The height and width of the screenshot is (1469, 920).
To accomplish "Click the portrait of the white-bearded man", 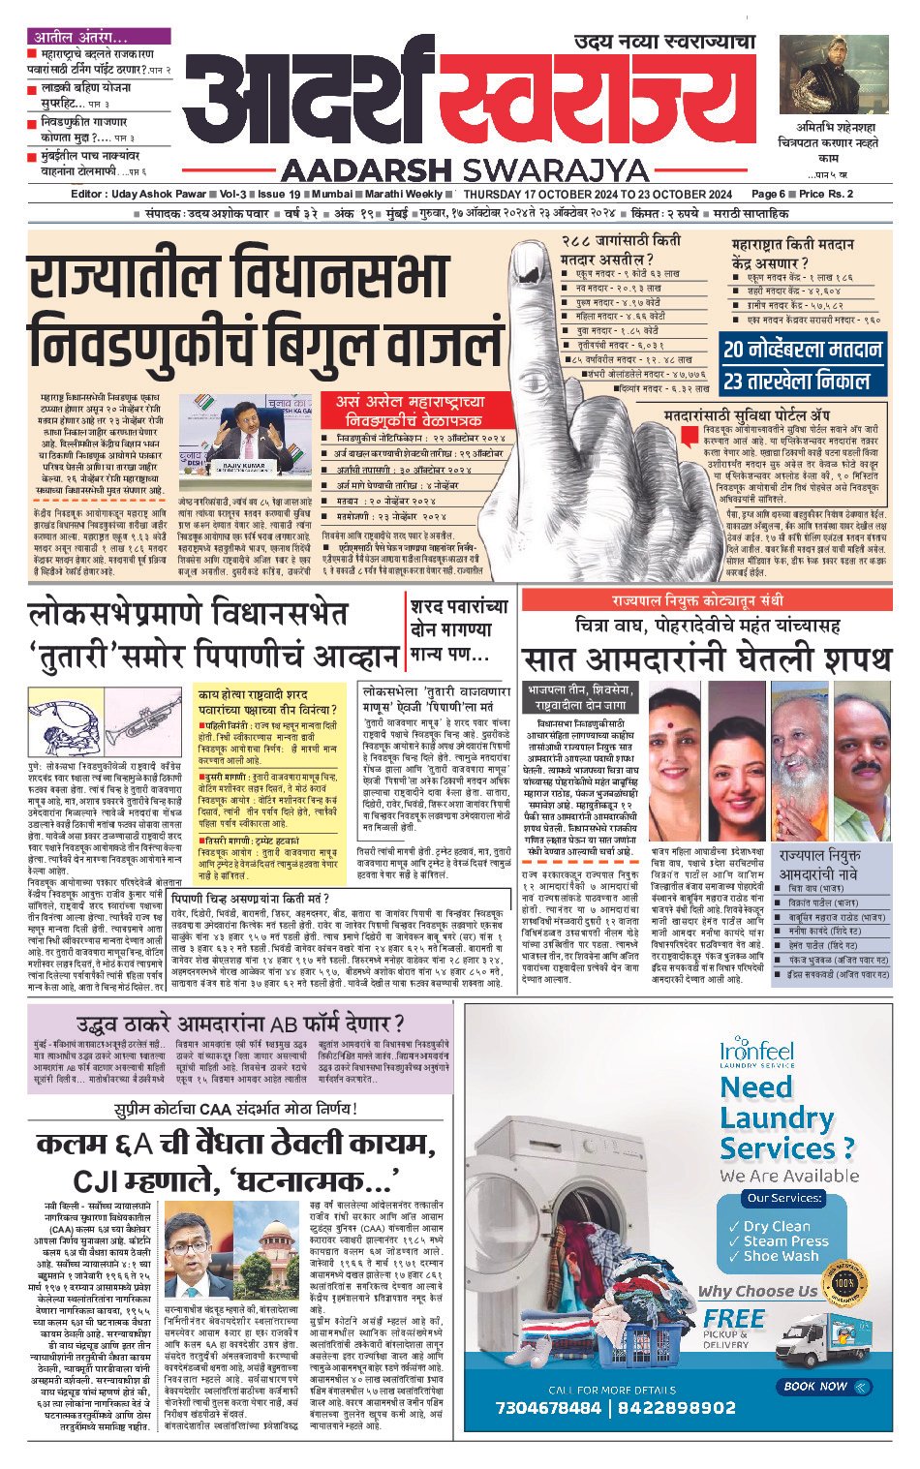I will tap(799, 735).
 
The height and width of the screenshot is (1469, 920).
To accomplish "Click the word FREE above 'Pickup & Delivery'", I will tap(734, 1318).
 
